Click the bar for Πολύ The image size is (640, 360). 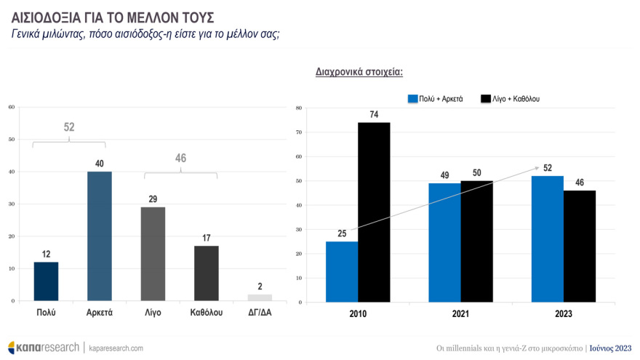(x=46, y=281)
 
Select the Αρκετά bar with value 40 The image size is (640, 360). (x=99, y=236)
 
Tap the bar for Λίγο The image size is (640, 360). (x=153, y=254)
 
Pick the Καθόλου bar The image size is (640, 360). (x=207, y=273)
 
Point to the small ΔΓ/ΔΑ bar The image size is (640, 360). (x=260, y=297)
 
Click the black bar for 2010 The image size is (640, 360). (x=374, y=212)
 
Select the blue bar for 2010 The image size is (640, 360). (x=342, y=272)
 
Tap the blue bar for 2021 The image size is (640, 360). (x=445, y=243)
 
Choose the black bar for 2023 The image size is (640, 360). (x=580, y=247)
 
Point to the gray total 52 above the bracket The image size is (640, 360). (x=69, y=127)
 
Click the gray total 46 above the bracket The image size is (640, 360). (x=180, y=159)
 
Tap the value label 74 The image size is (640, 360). (x=374, y=114)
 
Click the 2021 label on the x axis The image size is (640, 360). (x=460, y=313)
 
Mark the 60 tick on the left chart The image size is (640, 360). (x=11, y=108)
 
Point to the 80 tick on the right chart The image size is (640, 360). (x=299, y=108)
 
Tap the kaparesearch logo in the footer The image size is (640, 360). (x=43, y=348)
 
